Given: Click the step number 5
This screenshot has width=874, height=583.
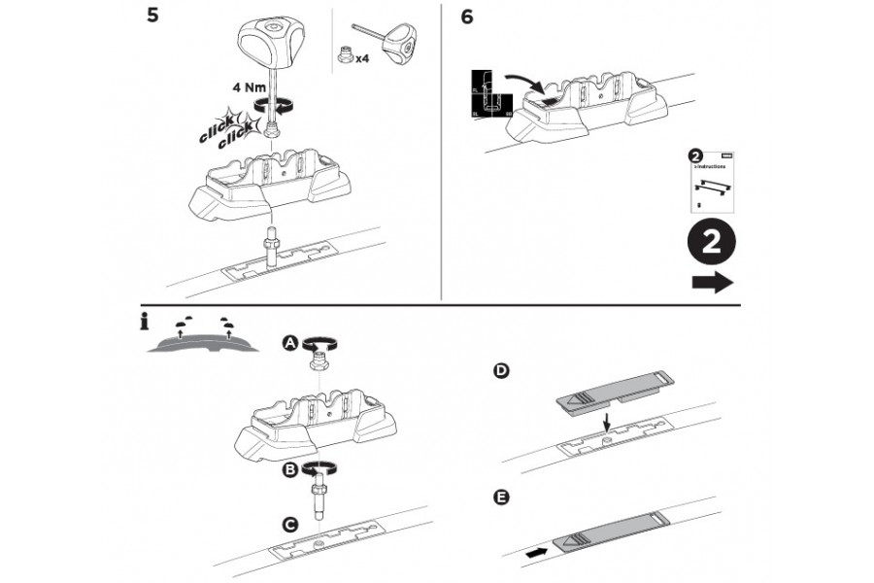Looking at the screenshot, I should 152,18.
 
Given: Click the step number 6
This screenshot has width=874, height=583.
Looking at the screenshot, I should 467,18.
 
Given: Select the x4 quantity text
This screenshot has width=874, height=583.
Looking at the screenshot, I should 361,59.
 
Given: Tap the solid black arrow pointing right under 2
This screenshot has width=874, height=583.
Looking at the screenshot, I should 713,283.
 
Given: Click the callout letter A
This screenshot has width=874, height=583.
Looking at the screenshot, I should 288,343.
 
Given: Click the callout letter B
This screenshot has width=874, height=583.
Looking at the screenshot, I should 288,469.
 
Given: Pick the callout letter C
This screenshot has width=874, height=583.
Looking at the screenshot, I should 288,524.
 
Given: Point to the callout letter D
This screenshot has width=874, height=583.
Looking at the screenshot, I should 501,371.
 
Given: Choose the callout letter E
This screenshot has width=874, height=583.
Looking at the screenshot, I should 501,498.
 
